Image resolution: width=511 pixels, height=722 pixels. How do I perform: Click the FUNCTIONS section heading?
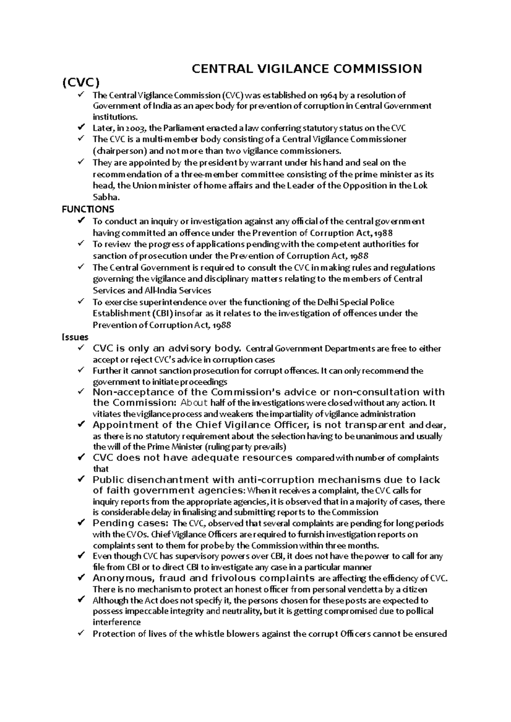pos(88,209)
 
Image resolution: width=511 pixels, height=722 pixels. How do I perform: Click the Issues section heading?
pos(75,337)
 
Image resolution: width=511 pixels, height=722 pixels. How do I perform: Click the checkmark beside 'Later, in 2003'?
pos(81,128)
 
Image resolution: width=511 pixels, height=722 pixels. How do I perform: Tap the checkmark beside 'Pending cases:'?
pos(81,523)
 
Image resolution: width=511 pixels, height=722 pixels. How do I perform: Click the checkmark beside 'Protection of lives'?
pos(81,634)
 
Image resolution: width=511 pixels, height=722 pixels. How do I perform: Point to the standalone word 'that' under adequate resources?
pos(100,469)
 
